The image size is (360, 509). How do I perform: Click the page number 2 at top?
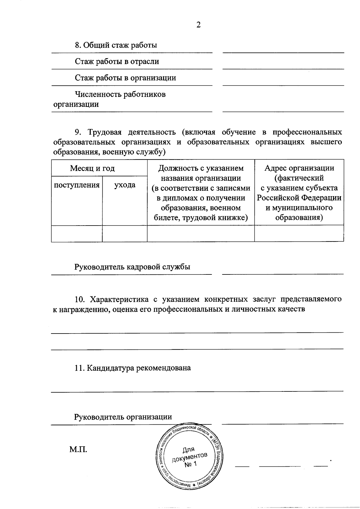pos(198,25)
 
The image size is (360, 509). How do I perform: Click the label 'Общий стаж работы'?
pos(120,45)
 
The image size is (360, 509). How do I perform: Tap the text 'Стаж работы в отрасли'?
pos(117,61)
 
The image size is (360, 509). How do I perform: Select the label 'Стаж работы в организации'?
pos(125,78)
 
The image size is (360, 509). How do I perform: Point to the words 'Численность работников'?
pos(120,94)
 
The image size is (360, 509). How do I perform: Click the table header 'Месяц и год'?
pos(92,168)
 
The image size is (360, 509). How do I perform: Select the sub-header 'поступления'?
pos(77,185)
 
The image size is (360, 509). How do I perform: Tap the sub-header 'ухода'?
pos(125,185)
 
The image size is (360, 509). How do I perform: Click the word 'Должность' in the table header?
pos(177,168)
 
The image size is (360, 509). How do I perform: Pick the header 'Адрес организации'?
pos(299,168)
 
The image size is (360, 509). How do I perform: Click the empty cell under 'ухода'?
pos(125,233)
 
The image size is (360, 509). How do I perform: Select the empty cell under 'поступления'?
pos(77,233)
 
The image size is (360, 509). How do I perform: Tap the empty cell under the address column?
pos(299,233)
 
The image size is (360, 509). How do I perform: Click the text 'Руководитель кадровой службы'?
pos(132,267)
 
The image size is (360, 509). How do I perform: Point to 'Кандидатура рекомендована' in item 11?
pos(139,368)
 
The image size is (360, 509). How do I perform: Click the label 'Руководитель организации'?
pos(123,417)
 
